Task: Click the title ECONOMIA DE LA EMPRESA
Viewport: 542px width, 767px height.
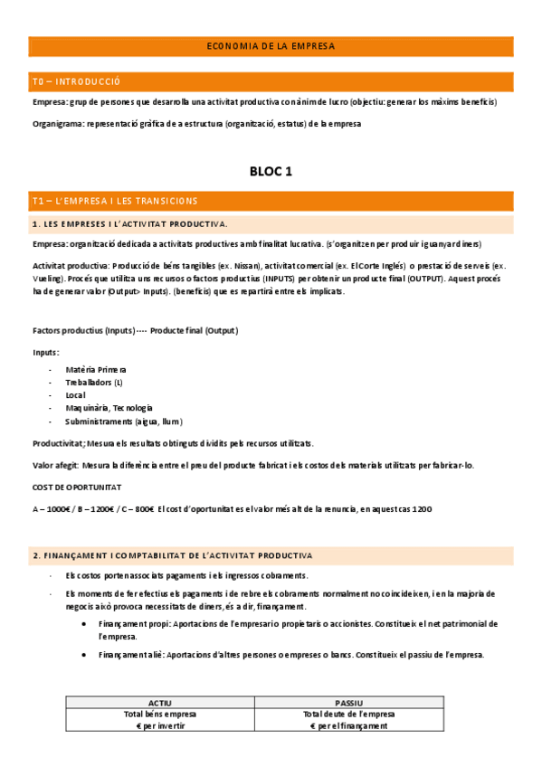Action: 271,45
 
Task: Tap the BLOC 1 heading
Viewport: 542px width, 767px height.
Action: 271,171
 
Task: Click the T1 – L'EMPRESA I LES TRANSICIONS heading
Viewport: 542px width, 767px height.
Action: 114,200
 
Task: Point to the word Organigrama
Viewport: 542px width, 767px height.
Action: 57,124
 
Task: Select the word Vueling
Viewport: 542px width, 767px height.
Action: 49,279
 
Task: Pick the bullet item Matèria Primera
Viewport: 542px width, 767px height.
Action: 96,369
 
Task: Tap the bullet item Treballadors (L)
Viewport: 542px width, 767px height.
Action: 94,383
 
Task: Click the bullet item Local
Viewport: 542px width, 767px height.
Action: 77,395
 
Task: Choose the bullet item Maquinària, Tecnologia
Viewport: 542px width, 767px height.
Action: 109,408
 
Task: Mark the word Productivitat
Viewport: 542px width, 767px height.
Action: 58,443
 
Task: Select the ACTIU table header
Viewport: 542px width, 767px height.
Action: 160,702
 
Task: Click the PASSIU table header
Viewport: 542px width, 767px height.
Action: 348,702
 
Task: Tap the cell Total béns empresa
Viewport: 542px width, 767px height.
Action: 160,714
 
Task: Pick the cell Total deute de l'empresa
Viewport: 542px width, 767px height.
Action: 348,714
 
